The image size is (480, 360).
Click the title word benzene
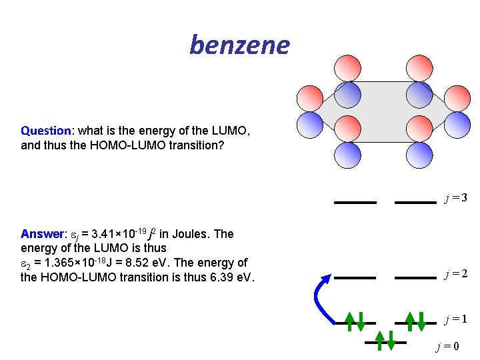point(240,45)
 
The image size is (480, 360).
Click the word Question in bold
point(45,131)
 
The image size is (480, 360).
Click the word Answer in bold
point(42,234)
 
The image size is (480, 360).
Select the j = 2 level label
point(456,273)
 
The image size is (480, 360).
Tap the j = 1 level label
point(456,319)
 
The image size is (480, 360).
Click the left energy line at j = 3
point(355,201)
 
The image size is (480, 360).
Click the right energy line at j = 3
point(415,201)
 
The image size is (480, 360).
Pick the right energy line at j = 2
point(415,277)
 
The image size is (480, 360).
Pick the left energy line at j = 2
point(355,277)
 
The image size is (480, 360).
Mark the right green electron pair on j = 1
point(415,320)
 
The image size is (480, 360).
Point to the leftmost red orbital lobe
point(310,98)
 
